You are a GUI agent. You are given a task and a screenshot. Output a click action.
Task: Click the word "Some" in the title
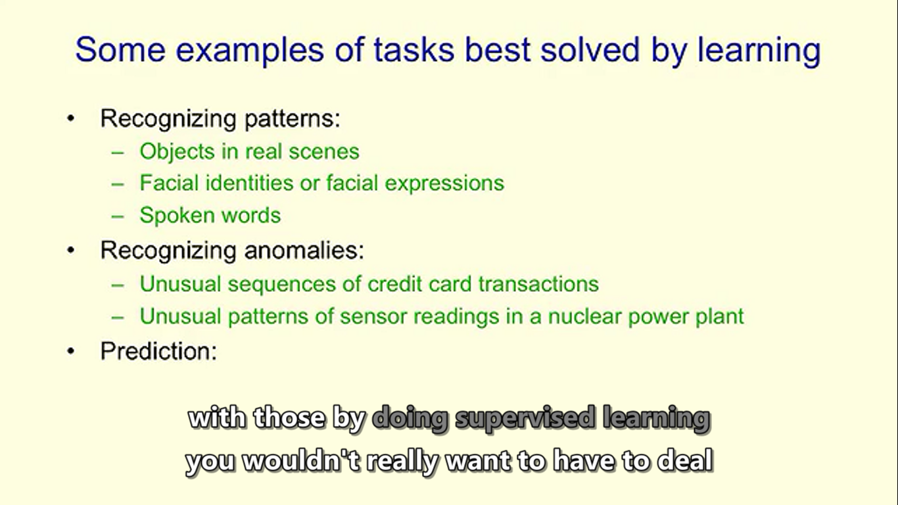click(120, 50)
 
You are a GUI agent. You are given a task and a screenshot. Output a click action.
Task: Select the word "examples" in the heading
click(250, 51)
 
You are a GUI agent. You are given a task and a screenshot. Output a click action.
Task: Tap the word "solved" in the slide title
click(590, 50)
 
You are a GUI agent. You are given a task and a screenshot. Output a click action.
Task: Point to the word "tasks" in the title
click(414, 50)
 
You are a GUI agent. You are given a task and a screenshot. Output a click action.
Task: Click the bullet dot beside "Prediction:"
click(71, 351)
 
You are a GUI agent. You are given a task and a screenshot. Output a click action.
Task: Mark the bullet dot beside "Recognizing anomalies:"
click(71, 251)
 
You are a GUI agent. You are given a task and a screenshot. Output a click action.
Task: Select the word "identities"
click(250, 183)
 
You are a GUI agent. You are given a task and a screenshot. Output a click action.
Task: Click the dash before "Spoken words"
click(118, 216)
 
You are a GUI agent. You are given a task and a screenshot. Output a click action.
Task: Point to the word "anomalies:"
click(304, 251)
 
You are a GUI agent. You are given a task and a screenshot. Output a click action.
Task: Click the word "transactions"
click(538, 284)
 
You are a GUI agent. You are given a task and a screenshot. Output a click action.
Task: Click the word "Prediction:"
click(158, 351)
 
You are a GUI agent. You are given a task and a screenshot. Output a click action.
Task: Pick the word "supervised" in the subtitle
click(525, 419)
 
